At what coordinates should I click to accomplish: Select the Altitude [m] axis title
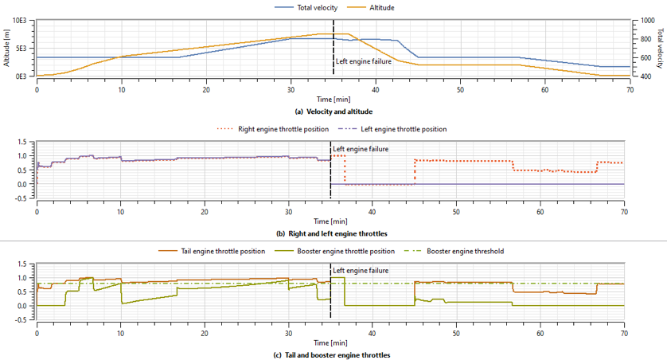coord(6,49)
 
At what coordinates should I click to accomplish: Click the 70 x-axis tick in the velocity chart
coord(629,88)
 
